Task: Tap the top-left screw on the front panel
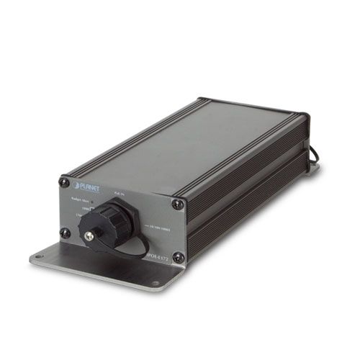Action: pos(63,184)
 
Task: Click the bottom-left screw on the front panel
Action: pos(65,233)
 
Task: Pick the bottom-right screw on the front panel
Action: pos(178,256)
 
